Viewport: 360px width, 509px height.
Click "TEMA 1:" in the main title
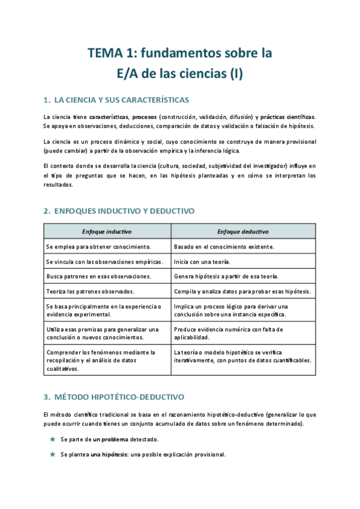(x=109, y=53)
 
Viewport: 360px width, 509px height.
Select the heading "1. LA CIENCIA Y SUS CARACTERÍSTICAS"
(x=116, y=99)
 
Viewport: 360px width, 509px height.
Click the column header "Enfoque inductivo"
(x=107, y=231)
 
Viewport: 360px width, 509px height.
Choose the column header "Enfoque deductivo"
(x=242, y=231)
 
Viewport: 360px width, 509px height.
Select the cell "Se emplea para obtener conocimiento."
(x=98, y=247)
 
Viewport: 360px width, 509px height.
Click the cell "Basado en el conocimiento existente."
(x=224, y=247)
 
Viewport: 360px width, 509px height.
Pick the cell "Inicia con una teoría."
(x=202, y=262)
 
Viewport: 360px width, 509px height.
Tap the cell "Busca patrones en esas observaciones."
(x=98, y=277)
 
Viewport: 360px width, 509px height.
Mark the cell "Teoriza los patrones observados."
(x=90, y=292)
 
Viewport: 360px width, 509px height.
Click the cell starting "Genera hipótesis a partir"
(x=226, y=277)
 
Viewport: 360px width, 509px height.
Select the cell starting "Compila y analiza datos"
(x=242, y=292)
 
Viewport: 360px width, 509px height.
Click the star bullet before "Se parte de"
(x=52, y=439)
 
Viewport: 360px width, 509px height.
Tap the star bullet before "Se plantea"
(x=52, y=454)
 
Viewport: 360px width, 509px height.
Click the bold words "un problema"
(x=110, y=439)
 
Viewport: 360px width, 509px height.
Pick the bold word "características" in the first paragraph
(x=110, y=116)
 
